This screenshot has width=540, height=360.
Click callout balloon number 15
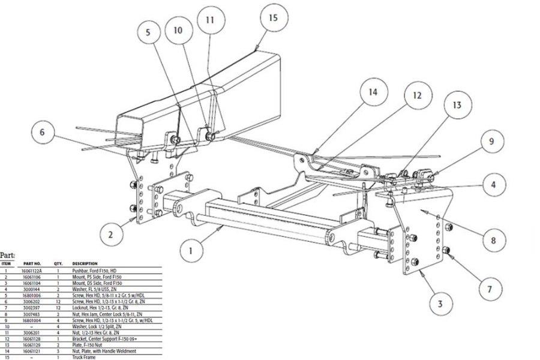tap(272, 17)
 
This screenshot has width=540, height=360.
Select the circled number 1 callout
tap(191, 251)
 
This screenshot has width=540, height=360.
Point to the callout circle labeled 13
tap(457, 105)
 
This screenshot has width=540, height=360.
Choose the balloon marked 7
tap(489, 290)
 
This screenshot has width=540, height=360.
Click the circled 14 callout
tap(373, 92)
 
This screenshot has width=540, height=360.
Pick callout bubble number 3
tap(440, 304)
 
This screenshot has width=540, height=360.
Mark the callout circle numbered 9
tap(491, 142)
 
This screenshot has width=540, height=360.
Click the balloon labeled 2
tap(110, 235)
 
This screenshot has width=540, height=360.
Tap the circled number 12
tap(417, 95)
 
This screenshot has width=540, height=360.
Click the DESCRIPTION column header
tap(85, 263)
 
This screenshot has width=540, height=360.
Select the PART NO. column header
tap(32, 263)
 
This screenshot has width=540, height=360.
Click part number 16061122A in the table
tap(31, 271)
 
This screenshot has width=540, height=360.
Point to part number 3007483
tap(31, 313)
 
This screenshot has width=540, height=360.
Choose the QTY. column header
tap(58, 263)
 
